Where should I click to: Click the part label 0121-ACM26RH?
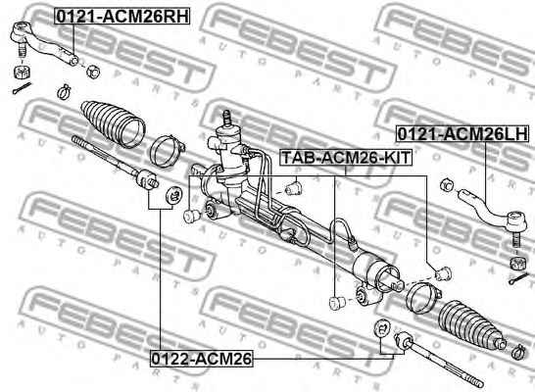(122, 17)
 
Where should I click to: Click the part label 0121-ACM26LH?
(463, 133)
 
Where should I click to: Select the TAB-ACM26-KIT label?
(346, 158)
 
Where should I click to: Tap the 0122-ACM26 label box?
(202, 359)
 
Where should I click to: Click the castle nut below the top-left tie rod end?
(23, 72)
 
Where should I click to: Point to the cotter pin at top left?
(22, 88)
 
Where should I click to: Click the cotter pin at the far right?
(517, 279)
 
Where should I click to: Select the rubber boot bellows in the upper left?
(114, 124)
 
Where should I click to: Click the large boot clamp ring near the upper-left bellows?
(167, 151)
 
